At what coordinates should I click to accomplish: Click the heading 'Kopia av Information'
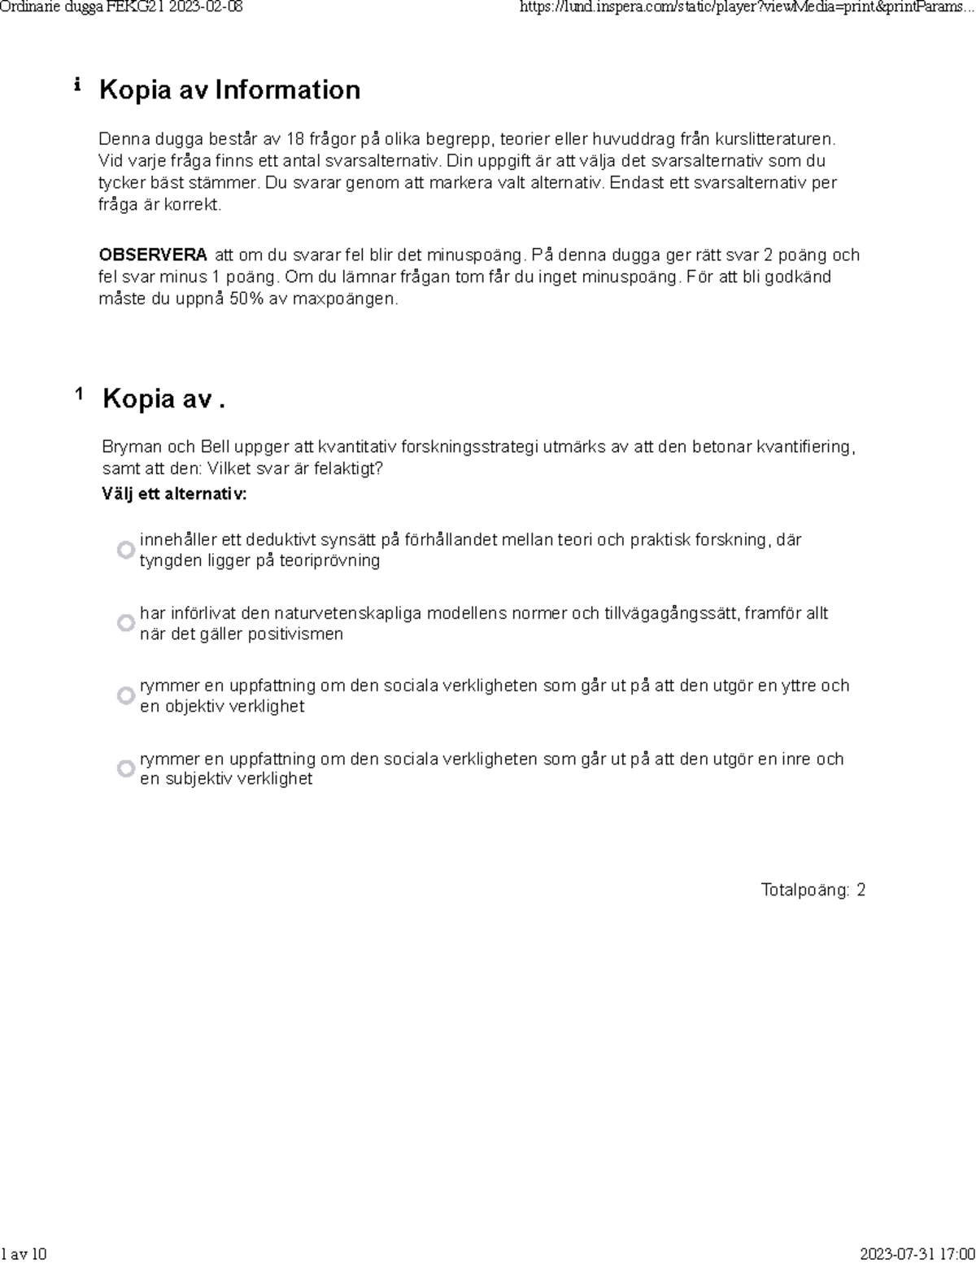coord(229,89)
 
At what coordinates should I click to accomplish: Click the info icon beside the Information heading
coord(77,85)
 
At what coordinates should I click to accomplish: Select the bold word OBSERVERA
coord(152,255)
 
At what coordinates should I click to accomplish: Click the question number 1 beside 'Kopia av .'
coord(79,394)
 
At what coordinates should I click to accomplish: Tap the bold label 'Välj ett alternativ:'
coord(174,494)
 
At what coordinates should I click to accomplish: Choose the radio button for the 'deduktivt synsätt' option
coord(125,550)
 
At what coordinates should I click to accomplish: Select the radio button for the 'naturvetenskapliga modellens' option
coord(125,623)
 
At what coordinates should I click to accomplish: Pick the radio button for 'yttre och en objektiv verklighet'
coord(125,695)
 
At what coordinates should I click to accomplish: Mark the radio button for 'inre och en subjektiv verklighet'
coord(125,769)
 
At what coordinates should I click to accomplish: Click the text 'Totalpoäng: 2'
coord(813,890)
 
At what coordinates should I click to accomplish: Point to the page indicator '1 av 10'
coord(24,1253)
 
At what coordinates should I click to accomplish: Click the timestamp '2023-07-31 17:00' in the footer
coord(917,1253)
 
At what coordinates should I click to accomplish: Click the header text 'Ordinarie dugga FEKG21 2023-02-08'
coord(122,8)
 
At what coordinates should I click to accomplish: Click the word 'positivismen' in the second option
coord(296,634)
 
